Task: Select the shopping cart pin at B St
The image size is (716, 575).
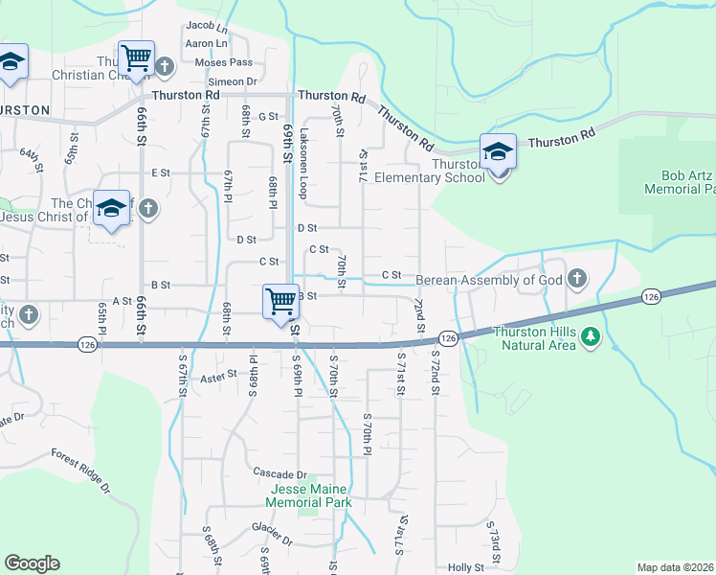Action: tap(280, 301)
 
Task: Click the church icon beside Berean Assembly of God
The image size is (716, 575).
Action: tap(575, 279)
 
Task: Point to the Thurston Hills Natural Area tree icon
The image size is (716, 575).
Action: tap(591, 335)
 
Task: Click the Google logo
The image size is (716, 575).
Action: tap(32, 563)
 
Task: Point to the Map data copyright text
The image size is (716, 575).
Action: tap(675, 567)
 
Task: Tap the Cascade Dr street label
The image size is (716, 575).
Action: tap(280, 473)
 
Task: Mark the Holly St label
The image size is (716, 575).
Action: tap(466, 567)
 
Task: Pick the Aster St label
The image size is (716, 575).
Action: tap(218, 378)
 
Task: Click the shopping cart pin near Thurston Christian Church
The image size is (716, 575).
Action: tap(136, 58)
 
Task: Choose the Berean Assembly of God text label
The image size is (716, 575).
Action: tap(488, 280)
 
